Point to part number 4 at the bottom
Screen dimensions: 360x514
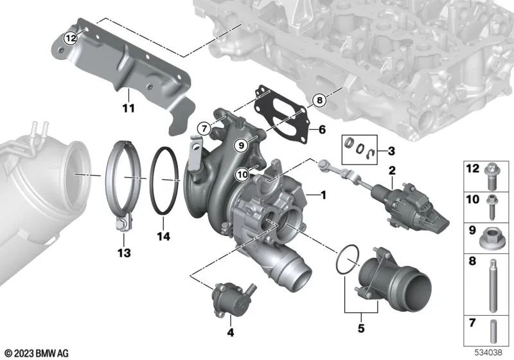pos(230,333)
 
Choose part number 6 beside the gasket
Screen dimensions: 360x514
pos(322,130)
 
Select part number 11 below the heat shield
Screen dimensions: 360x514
pos(128,108)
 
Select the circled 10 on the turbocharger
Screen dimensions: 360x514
pos(241,173)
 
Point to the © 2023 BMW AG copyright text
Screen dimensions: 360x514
pos(37,352)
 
